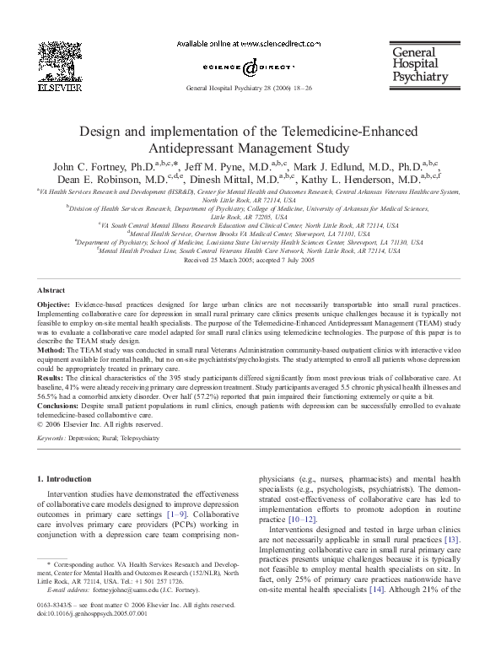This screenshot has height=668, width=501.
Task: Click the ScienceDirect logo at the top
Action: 250,66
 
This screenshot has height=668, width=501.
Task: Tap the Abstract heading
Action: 51,289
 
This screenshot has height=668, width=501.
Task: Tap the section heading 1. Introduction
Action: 69,478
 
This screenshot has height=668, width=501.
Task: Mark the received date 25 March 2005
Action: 217,261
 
